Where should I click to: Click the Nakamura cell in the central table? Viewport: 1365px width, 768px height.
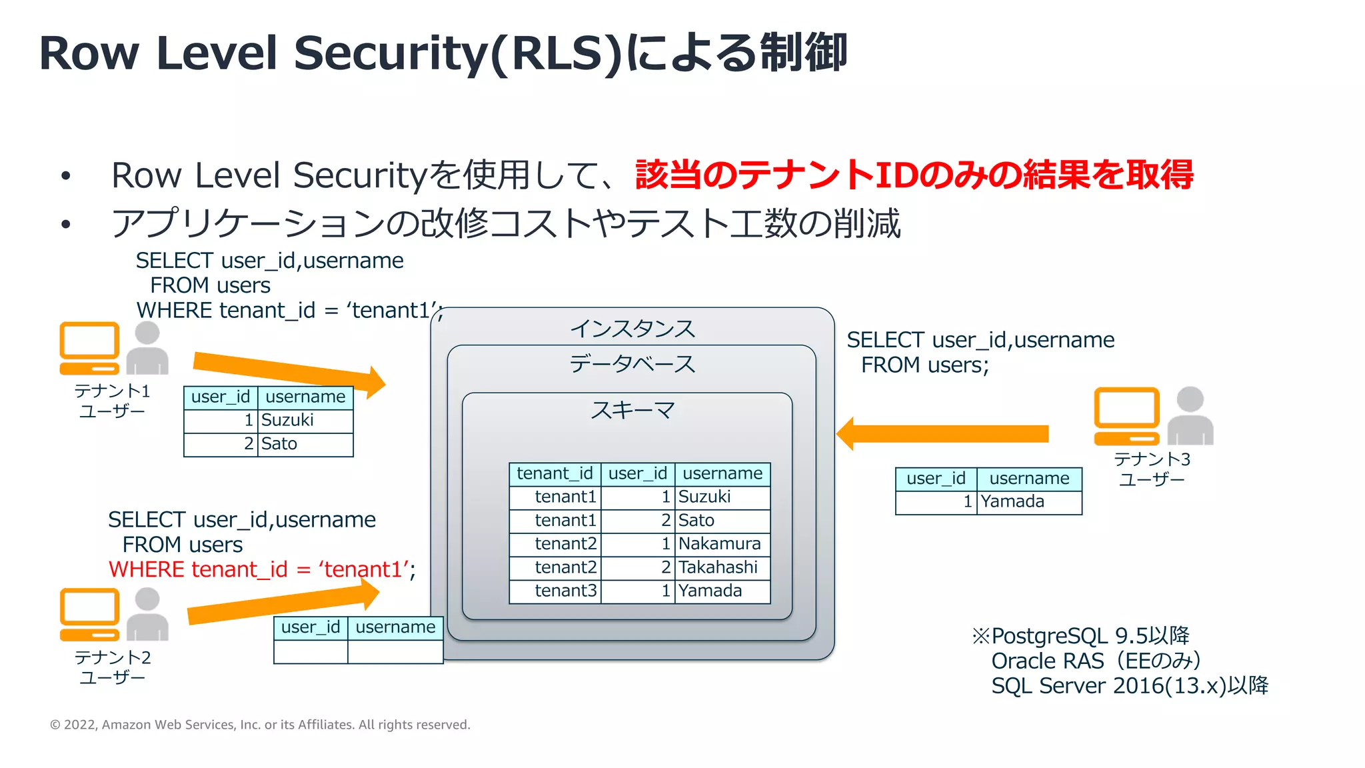[x=721, y=544]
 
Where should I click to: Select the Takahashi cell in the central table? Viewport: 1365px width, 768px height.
[x=721, y=567]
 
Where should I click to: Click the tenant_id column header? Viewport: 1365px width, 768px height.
[x=555, y=473]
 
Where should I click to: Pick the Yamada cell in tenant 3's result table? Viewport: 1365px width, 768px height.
[x=1028, y=502]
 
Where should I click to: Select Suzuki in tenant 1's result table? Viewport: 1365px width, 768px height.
[x=305, y=421]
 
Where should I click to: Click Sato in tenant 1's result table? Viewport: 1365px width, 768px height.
[x=305, y=444]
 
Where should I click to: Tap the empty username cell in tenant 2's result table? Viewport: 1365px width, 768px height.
[x=395, y=651]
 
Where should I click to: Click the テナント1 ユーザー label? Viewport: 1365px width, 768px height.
[x=112, y=401]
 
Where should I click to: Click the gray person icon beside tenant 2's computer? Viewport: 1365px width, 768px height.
[x=147, y=614]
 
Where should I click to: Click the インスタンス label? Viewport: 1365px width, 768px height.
[x=632, y=329]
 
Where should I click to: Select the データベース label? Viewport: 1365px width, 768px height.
[x=632, y=364]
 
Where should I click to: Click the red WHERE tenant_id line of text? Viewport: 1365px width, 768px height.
[x=262, y=570]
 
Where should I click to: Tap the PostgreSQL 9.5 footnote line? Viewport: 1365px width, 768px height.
[x=1081, y=636]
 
